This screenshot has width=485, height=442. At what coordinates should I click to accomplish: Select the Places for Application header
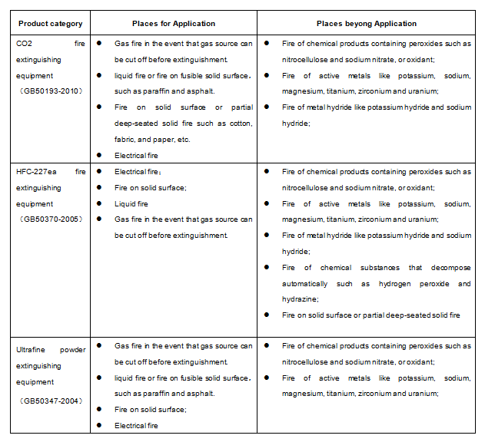click(172, 24)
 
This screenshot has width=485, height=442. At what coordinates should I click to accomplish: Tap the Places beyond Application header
click(366, 24)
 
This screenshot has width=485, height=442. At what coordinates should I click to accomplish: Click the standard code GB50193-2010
click(51, 91)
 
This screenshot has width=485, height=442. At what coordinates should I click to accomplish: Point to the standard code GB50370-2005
click(51, 219)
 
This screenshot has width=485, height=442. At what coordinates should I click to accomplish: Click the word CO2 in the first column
click(25, 44)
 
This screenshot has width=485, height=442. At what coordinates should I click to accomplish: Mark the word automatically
click(313, 283)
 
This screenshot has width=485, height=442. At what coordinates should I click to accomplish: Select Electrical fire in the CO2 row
click(137, 155)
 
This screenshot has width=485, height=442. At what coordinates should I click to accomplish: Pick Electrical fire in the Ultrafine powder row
click(137, 425)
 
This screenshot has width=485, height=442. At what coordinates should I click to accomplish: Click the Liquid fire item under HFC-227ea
click(131, 203)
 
